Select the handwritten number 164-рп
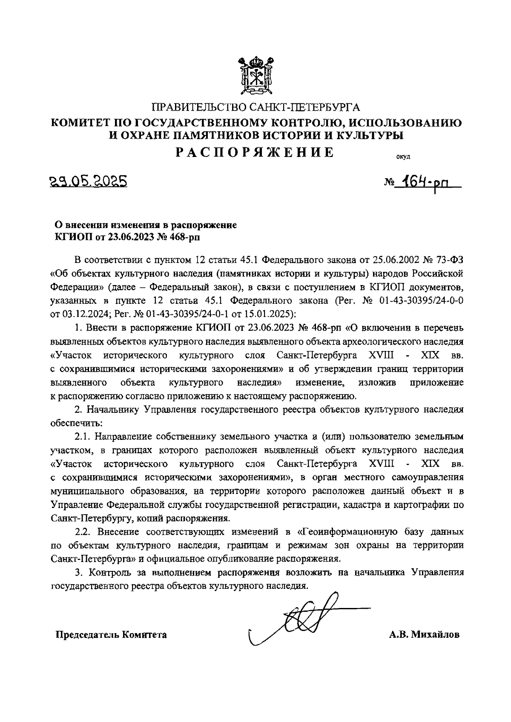point(426,183)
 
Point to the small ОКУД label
point(403,157)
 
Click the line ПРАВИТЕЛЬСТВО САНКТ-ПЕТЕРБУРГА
point(255,107)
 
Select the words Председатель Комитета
point(111,635)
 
